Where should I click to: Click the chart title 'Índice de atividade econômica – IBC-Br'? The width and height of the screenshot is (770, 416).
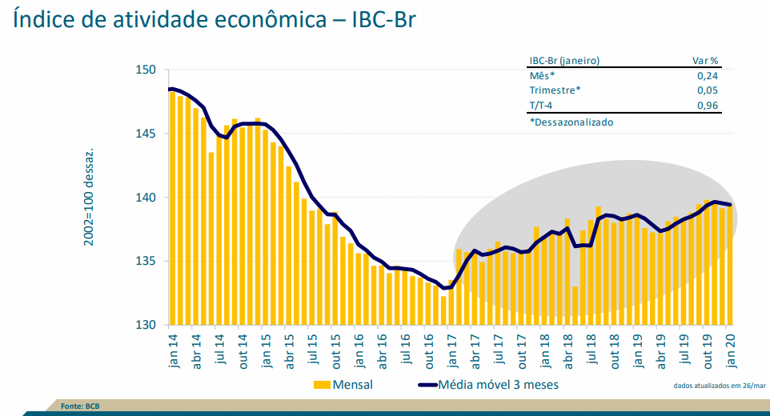(x=215, y=19)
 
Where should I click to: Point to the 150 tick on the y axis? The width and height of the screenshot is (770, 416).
(x=145, y=70)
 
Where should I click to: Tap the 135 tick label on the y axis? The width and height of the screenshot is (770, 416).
(x=145, y=262)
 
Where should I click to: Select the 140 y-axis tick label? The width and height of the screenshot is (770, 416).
(x=145, y=198)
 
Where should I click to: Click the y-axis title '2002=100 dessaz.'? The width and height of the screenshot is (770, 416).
(x=90, y=196)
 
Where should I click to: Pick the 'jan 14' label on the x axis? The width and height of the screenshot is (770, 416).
(x=174, y=350)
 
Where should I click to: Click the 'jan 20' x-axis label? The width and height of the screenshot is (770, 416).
(x=729, y=350)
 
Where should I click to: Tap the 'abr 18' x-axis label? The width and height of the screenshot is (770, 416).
(x=566, y=350)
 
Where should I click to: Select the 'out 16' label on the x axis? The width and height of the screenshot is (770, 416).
(x=427, y=350)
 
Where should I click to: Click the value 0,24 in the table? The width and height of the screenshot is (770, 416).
(x=707, y=75)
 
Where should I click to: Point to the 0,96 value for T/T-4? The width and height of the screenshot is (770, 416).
(x=707, y=106)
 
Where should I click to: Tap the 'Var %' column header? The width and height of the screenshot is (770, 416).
(x=705, y=60)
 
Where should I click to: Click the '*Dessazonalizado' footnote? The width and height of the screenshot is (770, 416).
(x=571, y=122)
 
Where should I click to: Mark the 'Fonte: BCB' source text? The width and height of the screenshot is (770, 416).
(x=80, y=406)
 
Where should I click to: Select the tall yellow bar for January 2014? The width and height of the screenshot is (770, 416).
(x=172, y=208)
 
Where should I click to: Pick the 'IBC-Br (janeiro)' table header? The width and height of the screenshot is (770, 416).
(x=564, y=60)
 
